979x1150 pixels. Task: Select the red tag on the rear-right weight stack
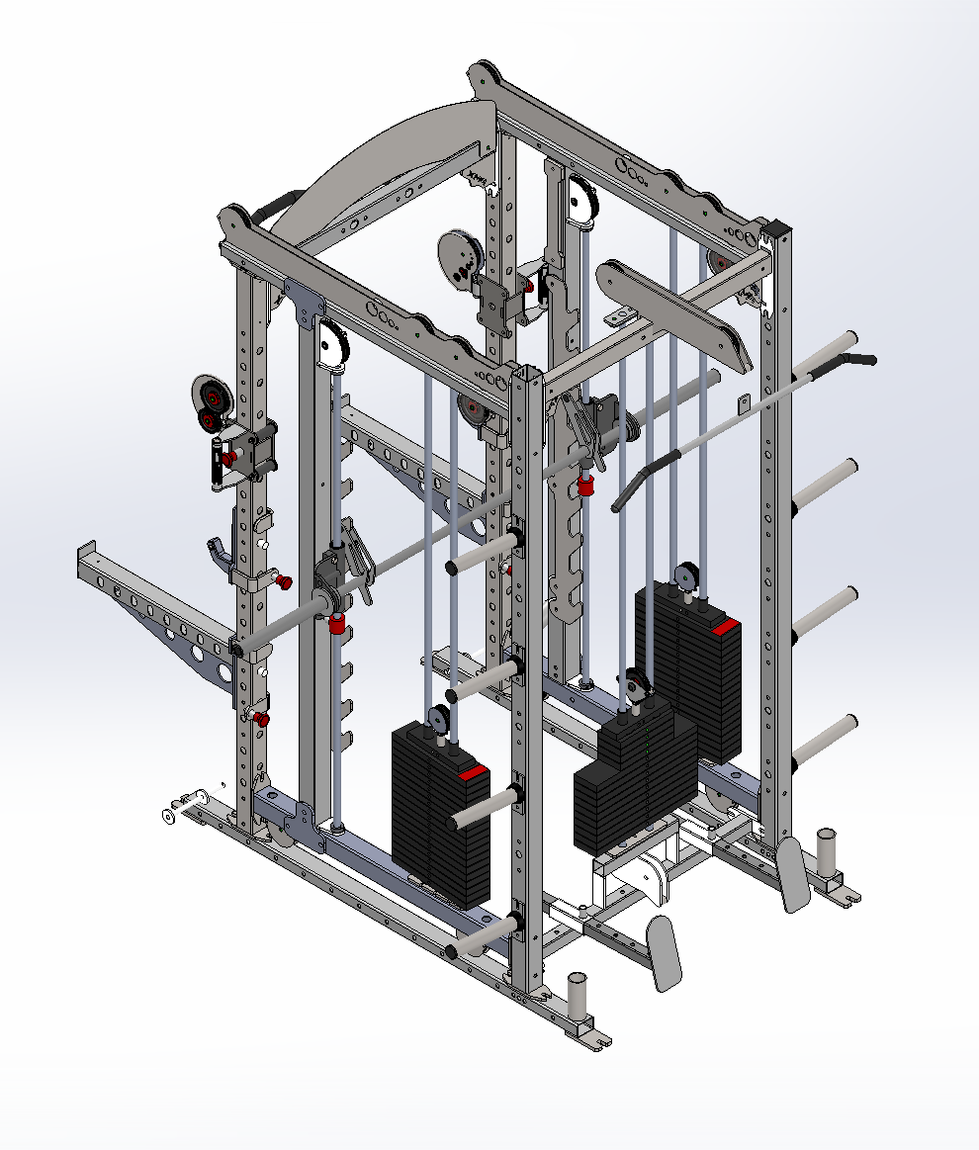coord(724,627)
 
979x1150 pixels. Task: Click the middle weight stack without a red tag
coord(633,781)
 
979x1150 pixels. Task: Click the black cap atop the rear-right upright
coord(778,230)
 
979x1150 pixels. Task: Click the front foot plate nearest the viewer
coord(664,951)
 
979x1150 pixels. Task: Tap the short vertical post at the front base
coord(577,996)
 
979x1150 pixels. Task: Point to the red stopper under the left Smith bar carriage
coord(337,624)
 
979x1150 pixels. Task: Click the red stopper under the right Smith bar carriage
coord(586,487)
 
